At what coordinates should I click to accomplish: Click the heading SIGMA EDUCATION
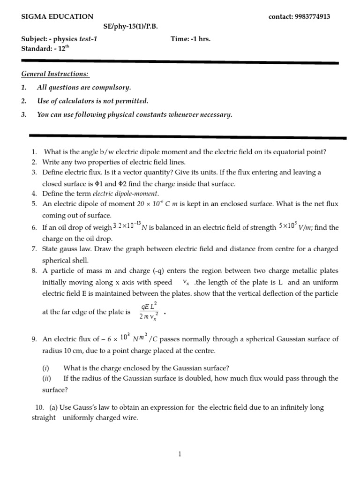(x=58, y=16)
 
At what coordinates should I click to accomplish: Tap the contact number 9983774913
(x=312, y=16)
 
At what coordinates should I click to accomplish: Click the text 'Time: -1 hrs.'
(x=191, y=39)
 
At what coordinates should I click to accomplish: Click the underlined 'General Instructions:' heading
(x=55, y=74)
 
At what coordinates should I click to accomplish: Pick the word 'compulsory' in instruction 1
(x=112, y=88)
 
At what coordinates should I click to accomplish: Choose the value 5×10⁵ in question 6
(x=287, y=226)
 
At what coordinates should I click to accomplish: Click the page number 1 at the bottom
(x=180, y=454)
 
